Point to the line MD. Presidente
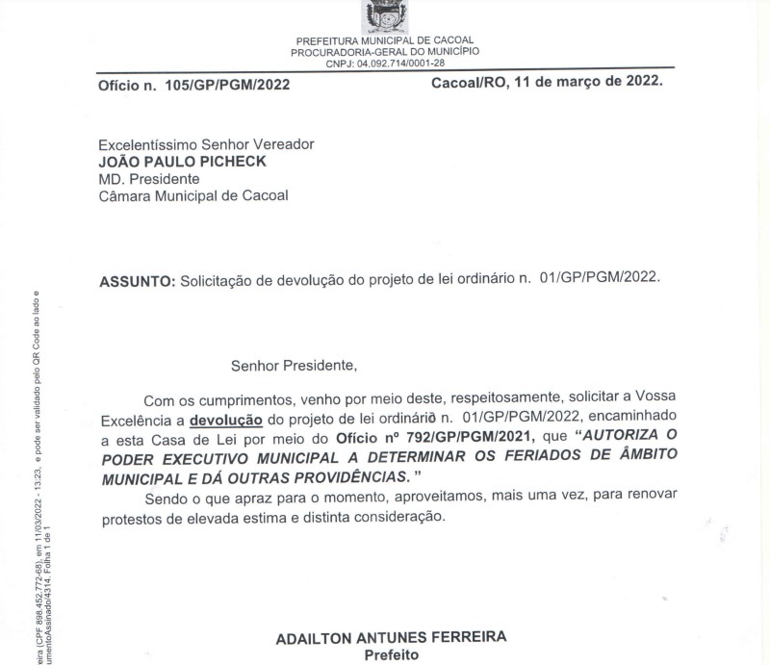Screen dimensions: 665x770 [149, 179]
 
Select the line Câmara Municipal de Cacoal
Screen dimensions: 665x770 [193, 196]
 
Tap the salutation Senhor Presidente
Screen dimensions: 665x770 [294, 366]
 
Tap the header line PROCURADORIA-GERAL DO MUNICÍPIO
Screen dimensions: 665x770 [385, 52]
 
